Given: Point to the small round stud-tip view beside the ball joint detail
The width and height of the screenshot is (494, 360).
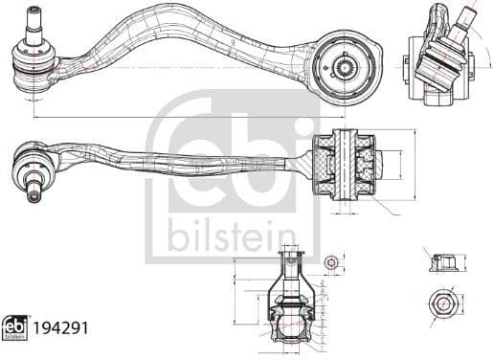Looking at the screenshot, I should click(x=331, y=261).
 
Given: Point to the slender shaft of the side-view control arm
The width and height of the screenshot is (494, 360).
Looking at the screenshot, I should click(x=191, y=164).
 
